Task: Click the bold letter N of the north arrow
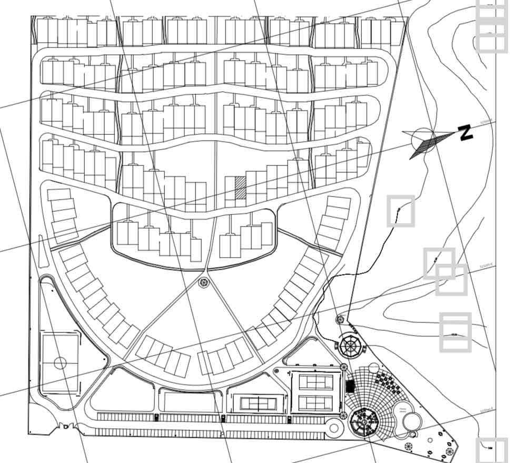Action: pyautogui.click(x=465, y=133)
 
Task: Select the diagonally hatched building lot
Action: pyautogui.click(x=240, y=188)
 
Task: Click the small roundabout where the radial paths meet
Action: pyautogui.click(x=204, y=283)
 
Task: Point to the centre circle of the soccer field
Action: pyautogui.click(x=60, y=363)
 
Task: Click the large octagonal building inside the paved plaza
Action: pyautogui.click(x=365, y=422)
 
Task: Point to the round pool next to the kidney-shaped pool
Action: pyautogui.click(x=412, y=421)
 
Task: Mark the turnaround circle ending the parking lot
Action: pyautogui.click(x=334, y=428)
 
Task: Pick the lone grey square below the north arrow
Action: pyautogui.click(x=401, y=211)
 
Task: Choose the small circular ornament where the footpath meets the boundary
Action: pyautogui.click(x=340, y=319)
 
